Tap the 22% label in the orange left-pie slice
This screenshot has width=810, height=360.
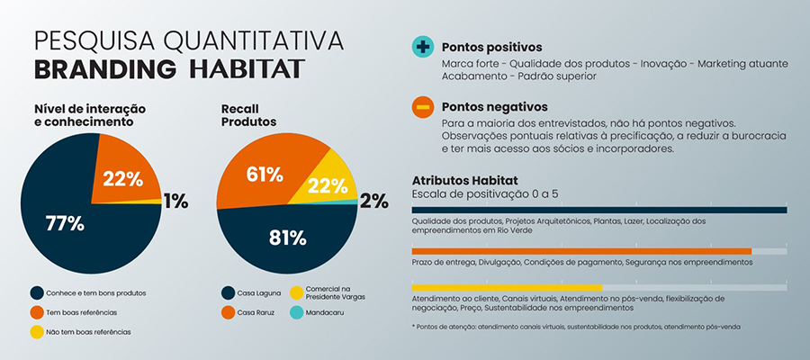tap(123, 178)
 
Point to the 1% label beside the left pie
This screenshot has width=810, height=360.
tap(175, 202)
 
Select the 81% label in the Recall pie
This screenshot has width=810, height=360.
tap(289, 238)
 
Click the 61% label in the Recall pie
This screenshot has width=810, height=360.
tap(265, 174)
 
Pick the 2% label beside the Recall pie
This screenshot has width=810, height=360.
tap(373, 202)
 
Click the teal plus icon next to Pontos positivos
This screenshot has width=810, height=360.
tap(421, 48)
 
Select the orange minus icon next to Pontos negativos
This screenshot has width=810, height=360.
tap(421, 107)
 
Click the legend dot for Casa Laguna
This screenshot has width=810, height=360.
tap(229, 292)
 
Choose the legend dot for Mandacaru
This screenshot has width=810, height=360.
tap(298, 312)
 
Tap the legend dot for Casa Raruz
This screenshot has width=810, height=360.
tap(229, 312)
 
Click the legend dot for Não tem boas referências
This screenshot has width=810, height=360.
tap(36, 332)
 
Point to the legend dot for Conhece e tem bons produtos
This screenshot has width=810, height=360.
tap(36, 292)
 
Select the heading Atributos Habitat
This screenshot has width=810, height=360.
tap(464, 180)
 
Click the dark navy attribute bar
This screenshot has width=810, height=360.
tap(599, 211)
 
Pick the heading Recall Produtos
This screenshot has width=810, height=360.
tap(248, 114)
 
